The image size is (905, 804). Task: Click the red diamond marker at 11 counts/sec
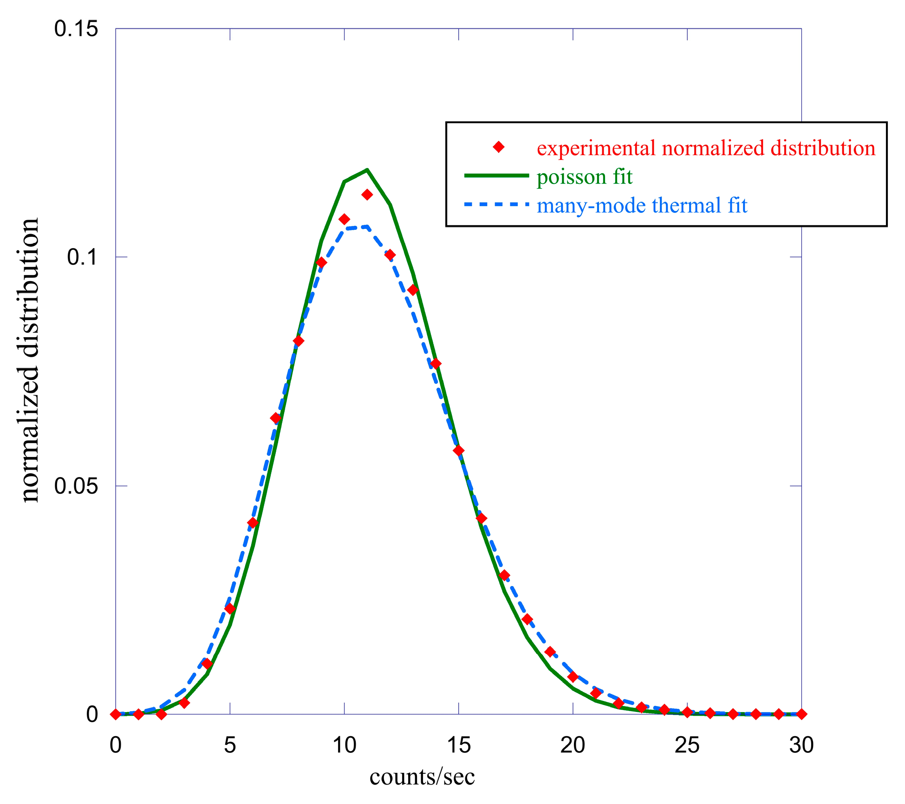[x=367, y=195]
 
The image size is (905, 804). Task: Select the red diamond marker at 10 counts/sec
[x=344, y=219]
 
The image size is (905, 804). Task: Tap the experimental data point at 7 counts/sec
[x=275, y=418]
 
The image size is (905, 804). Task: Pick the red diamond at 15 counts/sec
[x=458, y=451]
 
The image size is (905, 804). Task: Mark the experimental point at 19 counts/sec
[x=550, y=652]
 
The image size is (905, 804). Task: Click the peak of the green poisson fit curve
[x=367, y=170]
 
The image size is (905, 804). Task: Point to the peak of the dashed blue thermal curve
[x=367, y=227]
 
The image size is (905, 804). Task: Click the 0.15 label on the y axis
[x=76, y=29]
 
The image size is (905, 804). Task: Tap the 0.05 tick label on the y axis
[x=76, y=486]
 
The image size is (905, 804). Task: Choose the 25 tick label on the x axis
[x=687, y=746]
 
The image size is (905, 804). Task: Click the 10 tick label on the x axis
[x=344, y=746]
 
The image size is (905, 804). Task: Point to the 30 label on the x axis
[x=801, y=746]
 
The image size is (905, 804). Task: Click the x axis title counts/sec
[x=422, y=777]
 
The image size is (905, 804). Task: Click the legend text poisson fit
[x=584, y=177]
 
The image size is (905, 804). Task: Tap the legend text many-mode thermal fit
[x=642, y=205]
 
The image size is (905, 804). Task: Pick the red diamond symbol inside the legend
[x=499, y=147]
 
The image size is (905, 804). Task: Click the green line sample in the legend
[x=496, y=176]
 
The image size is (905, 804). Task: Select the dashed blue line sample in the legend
[x=496, y=204]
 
